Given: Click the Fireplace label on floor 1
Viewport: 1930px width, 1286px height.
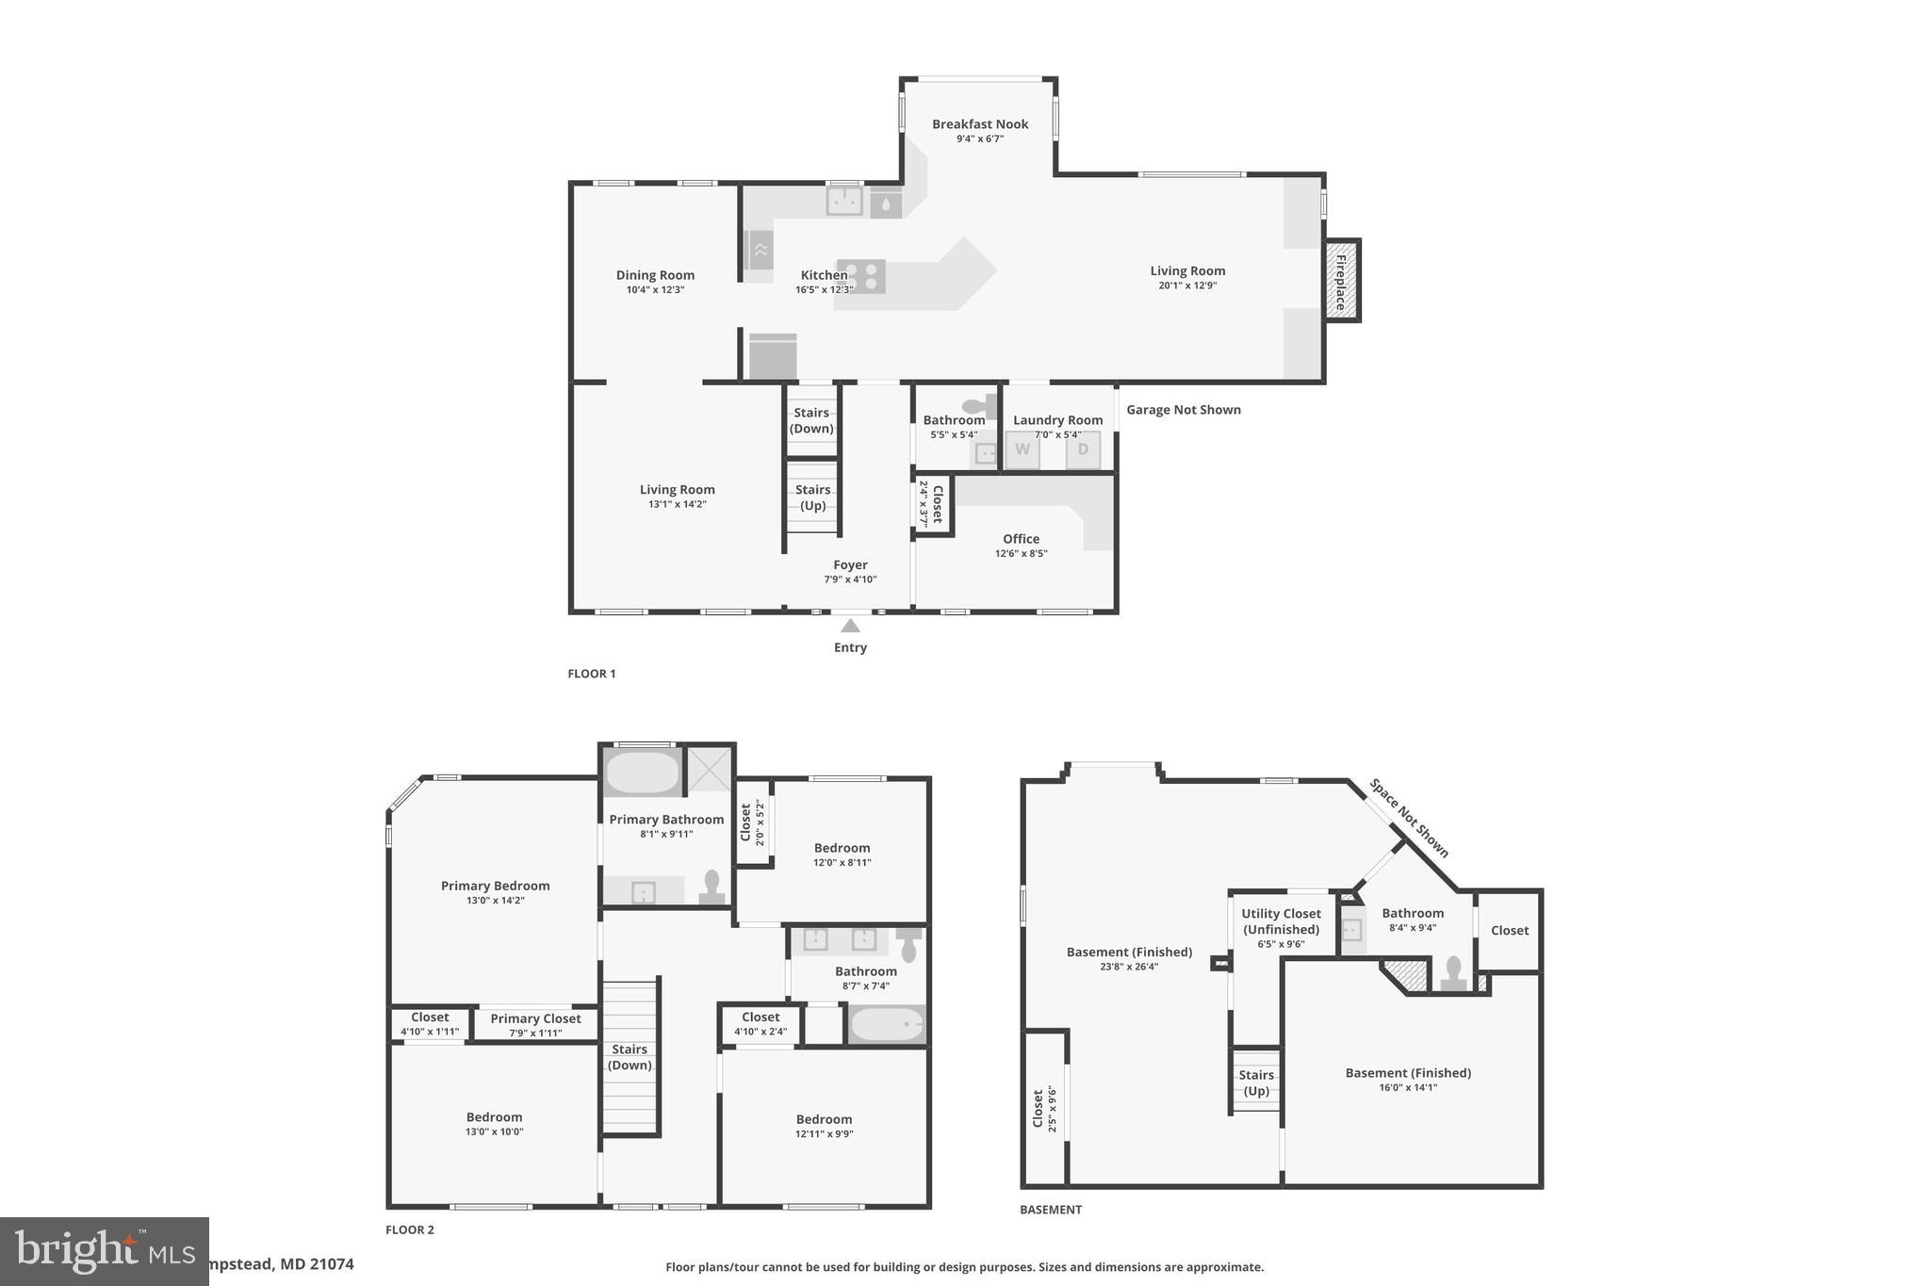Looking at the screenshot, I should point(1341,280).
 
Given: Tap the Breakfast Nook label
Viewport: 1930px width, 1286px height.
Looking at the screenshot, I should point(980,124).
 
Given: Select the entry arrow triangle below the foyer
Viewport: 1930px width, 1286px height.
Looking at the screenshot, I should point(850,626).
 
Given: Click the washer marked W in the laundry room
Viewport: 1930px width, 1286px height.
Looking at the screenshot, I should point(1022,449).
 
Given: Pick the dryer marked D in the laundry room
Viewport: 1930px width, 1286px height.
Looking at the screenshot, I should point(1083,449).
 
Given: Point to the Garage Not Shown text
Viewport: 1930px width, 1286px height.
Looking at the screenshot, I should point(1184,410).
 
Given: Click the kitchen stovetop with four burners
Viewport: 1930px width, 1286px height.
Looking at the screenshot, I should point(861,276).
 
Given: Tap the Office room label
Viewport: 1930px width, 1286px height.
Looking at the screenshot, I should point(1021,539).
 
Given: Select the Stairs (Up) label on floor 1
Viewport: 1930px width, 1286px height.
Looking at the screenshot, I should point(812,497).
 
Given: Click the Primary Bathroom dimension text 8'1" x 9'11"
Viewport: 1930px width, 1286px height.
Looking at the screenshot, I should point(666,834).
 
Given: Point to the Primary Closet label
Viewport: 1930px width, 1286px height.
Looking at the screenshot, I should point(535,1018).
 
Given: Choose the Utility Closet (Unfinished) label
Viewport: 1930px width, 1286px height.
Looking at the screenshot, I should point(1281,921).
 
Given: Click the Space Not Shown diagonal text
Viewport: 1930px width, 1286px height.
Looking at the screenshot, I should point(1409,818).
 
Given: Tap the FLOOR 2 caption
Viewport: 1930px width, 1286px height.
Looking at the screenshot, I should point(410,1229).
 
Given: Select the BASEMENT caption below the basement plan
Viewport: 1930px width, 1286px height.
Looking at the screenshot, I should point(1051,1210).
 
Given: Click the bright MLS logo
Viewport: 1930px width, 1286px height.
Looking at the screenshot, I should point(104,1251).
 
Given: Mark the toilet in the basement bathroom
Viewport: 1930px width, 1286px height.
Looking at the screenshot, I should point(1452,973).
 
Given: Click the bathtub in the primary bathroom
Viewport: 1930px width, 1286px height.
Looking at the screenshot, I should point(642,773).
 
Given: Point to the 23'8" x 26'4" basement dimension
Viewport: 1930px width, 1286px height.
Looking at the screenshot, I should point(1129,967).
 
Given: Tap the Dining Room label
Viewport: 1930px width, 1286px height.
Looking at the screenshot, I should point(655,275).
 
